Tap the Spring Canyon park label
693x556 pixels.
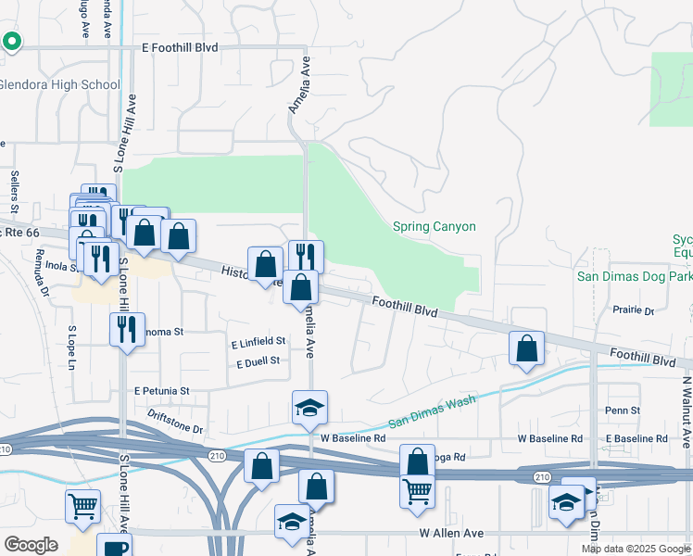click(x=434, y=226)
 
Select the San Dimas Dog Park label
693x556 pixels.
click(x=634, y=276)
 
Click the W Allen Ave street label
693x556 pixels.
click(x=451, y=534)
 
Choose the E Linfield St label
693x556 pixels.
click(x=258, y=342)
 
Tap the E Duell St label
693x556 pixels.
click(x=258, y=361)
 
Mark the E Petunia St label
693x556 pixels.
click(x=161, y=391)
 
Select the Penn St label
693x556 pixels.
click(x=622, y=410)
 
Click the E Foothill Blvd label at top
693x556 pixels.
click(x=183, y=46)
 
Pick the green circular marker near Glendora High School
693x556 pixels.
click(x=12, y=41)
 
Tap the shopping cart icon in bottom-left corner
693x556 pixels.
click(x=82, y=506)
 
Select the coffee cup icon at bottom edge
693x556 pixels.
click(x=116, y=548)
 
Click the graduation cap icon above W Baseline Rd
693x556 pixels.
click(x=310, y=407)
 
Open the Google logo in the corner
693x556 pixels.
click(x=31, y=545)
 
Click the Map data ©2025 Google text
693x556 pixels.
click(x=635, y=549)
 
